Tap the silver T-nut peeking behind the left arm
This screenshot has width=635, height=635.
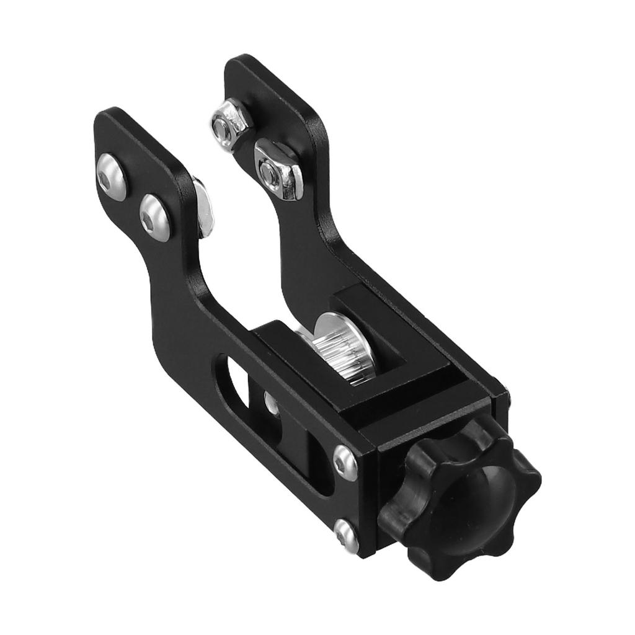click(203, 208)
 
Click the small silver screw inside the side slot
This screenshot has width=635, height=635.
click(270, 402)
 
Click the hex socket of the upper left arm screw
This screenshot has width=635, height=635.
click(110, 175)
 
